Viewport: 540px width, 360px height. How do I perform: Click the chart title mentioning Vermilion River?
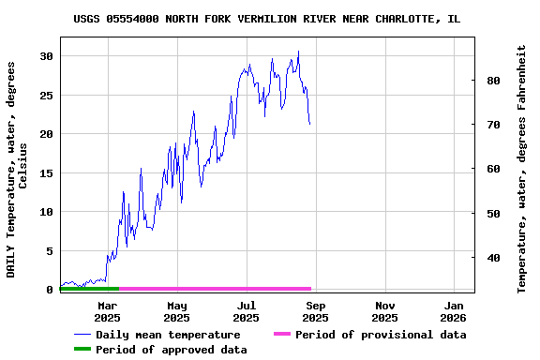pyautogui.click(x=267, y=19)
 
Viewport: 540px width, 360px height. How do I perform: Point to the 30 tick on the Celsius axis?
pyautogui.click(x=44, y=56)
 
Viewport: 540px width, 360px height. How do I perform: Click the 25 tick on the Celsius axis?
pyautogui.click(x=44, y=96)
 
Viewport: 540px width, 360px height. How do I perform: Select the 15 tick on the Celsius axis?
pyautogui.click(x=44, y=173)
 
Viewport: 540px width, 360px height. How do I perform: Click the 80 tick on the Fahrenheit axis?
pyautogui.click(x=491, y=81)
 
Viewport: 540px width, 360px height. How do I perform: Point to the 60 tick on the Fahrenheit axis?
pyautogui.click(x=491, y=169)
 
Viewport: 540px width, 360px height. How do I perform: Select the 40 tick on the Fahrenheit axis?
pyautogui.click(x=491, y=258)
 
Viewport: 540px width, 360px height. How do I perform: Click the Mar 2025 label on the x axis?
pyautogui.click(x=108, y=311)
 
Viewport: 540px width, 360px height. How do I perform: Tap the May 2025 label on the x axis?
pyautogui.click(x=177, y=311)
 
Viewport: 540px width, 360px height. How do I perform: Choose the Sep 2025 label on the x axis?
pyautogui.click(x=316, y=311)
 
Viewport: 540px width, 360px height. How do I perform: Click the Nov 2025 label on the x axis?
pyautogui.click(x=385, y=311)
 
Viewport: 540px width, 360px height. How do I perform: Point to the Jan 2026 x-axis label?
pyautogui.click(x=455, y=311)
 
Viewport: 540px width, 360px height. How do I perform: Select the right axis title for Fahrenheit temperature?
pyautogui.click(x=522, y=169)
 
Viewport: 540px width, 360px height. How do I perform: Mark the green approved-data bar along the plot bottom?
pyautogui.click(x=90, y=289)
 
